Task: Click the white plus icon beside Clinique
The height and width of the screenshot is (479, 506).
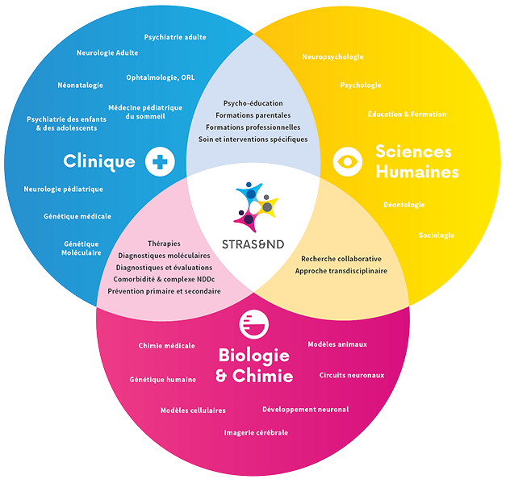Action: [160, 161]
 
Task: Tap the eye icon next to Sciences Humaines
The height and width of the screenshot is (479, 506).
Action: [348, 161]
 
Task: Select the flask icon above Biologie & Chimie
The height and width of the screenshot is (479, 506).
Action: [254, 323]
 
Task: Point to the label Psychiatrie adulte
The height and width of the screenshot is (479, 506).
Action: [175, 37]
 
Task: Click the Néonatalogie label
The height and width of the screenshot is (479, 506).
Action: [81, 85]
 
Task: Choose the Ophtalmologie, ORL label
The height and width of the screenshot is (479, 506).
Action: [160, 77]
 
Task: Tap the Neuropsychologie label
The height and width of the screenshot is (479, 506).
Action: [332, 57]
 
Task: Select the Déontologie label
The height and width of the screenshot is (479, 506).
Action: [404, 205]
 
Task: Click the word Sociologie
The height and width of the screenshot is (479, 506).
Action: [437, 235]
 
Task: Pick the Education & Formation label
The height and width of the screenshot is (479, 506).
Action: [407, 115]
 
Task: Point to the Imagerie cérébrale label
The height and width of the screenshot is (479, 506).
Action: [256, 432]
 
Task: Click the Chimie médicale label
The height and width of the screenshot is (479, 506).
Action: [167, 346]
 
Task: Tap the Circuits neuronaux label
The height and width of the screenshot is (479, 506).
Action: [352, 375]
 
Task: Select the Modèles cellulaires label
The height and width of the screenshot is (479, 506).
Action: [193, 410]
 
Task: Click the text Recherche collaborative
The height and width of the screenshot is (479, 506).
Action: [341, 259]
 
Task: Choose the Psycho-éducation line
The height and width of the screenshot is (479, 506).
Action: [253, 103]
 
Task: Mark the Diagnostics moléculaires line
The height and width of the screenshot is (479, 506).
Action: [164, 255]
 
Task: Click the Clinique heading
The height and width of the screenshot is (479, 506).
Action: [99, 162]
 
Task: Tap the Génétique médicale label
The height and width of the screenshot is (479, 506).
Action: [78, 216]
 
